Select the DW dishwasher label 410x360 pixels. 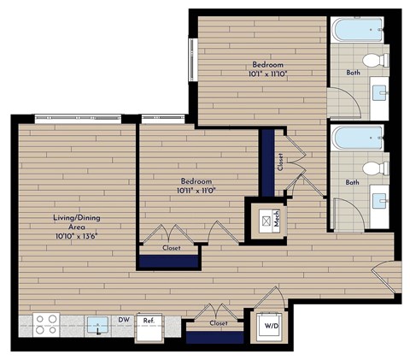pyautogui.click(x=124, y=321)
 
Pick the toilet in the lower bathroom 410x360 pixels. pyautogui.click(x=372, y=168)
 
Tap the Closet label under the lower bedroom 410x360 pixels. pyautogui.click(x=171, y=249)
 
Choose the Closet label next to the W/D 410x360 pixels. pyautogui.click(x=218, y=324)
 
